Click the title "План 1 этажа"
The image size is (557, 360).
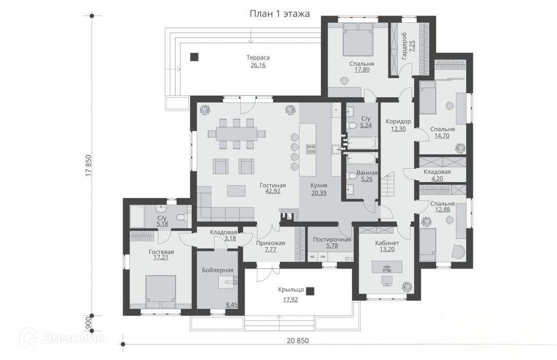(x=280, y=13)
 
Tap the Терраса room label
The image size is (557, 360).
(x=258, y=57)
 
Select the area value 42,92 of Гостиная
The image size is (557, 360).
(x=272, y=191)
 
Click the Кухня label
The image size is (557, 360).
(x=319, y=186)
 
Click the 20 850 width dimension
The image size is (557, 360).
(x=298, y=340)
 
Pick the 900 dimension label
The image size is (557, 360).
(x=88, y=323)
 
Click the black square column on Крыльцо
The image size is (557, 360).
(x=310, y=291)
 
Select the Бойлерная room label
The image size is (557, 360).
(x=217, y=270)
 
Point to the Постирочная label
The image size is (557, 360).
(x=332, y=240)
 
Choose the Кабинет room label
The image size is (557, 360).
(x=387, y=243)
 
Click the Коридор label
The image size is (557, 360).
(x=398, y=121)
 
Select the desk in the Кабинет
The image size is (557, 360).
(x=387, y=266)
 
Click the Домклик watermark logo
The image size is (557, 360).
(x=63, y=337)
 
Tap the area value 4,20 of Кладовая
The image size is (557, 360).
(x=437, y=178)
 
